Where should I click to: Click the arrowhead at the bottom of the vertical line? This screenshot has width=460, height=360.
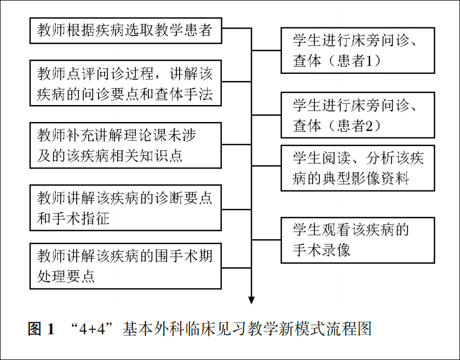tap(251, 300)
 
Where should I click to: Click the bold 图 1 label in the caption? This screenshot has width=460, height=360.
tap(42, 329)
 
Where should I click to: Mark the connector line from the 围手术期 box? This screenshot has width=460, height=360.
tap(237, 268)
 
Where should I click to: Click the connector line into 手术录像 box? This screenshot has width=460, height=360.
tap(266, 240)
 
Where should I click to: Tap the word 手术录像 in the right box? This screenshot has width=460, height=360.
tap(321, 250)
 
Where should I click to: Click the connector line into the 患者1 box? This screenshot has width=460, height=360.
tap(266, 50)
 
